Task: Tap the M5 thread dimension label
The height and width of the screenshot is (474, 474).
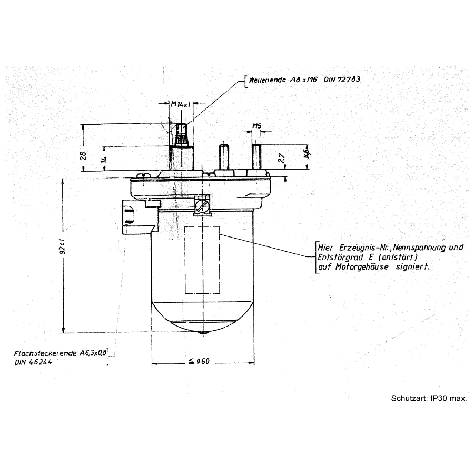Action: (257, 126)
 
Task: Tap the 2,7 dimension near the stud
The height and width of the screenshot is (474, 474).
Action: (281, 158)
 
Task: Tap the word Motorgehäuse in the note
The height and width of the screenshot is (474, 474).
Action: (363, 267)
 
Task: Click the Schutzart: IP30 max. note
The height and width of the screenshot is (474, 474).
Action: (429, 398)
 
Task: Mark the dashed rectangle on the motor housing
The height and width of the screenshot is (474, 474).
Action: (202, 260)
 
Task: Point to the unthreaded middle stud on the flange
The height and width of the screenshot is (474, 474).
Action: (223, 156)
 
